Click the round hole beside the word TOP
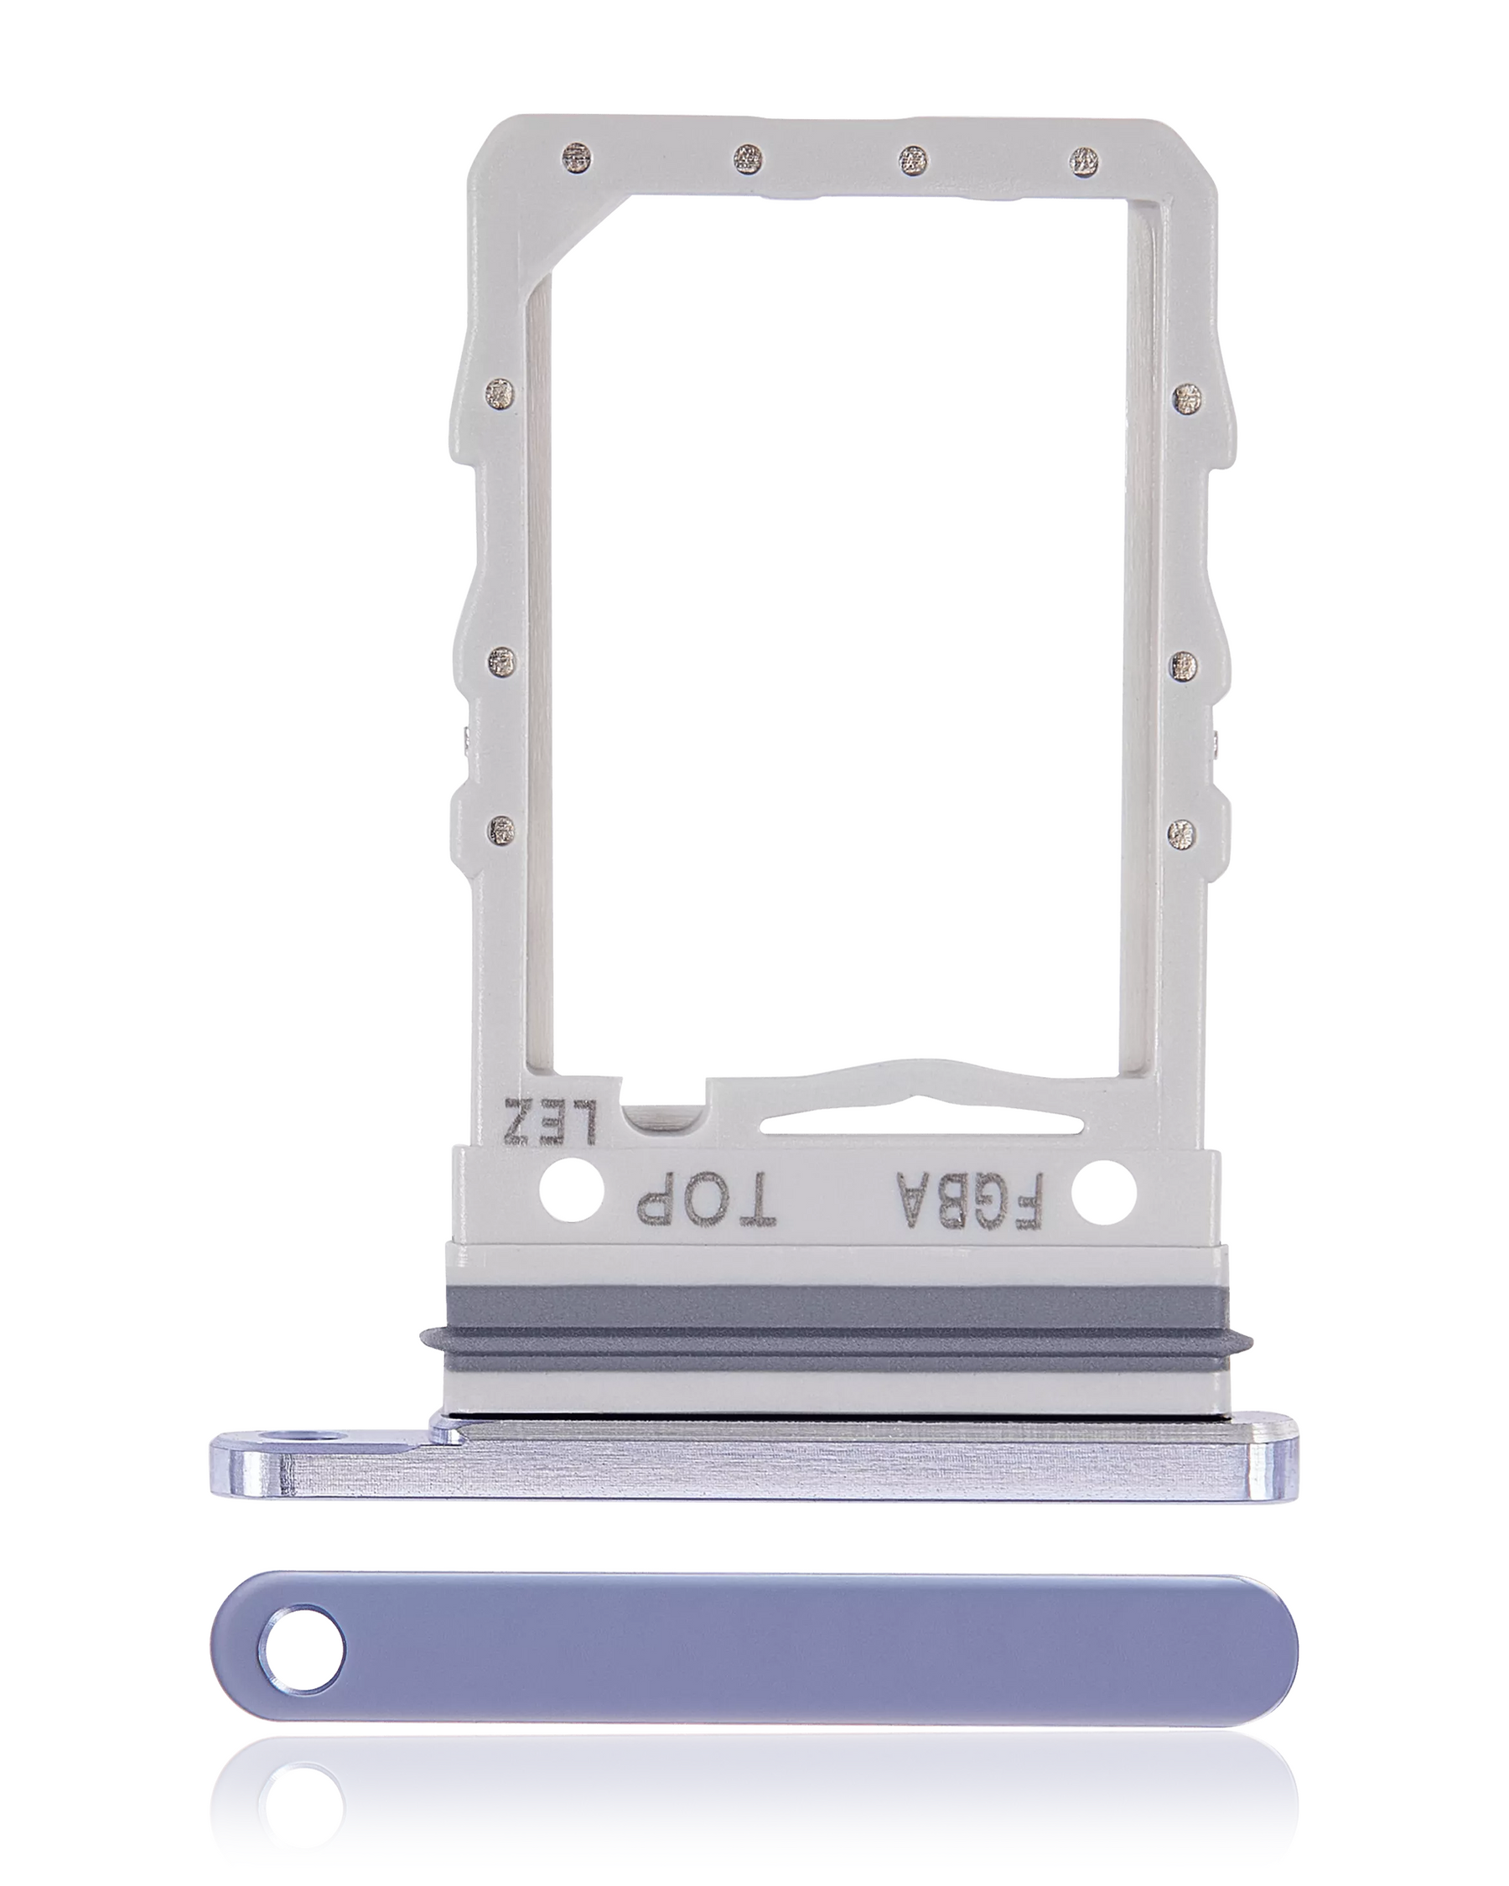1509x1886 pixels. click(x=572, y=1190)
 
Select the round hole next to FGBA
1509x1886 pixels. click(x=1104, y=1191)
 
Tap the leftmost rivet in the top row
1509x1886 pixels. click(x=578, y=159)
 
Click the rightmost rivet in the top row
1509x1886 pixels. click(x=1083, y=159)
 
